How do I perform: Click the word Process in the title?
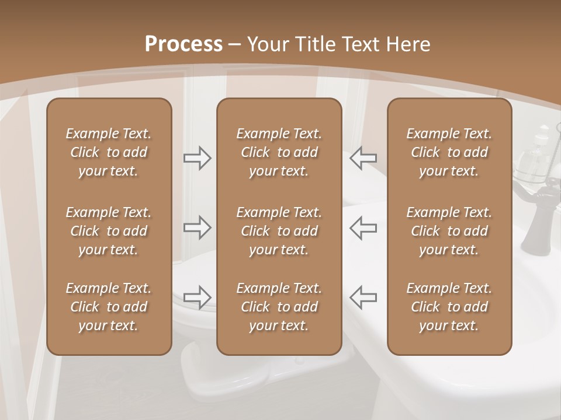click(x=183, y=44)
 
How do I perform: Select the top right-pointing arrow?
click(x=197, y=157)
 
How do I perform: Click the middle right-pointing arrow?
click(x=197, y=228)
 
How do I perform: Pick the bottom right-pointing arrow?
click(x=197, y=297)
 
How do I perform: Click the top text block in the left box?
click(x=109, y=152)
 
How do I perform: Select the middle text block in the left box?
click(x=109, y=231)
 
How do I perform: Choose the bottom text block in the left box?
click(x=109, y=307)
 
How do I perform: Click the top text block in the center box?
click(x=279, y=152)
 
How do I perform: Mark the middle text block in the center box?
click(x=279, y=231)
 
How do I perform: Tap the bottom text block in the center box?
click(x=279, y=307)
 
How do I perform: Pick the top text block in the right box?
click(x=449, y=152)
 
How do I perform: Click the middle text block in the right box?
click(x=449, y=231)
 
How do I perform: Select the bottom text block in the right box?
click(x=449, y=307)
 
